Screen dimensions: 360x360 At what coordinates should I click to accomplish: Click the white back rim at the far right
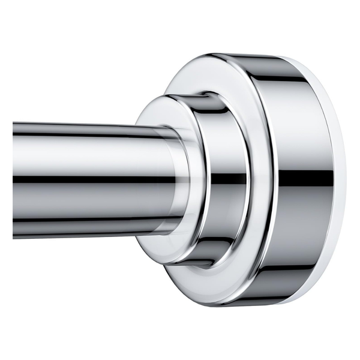tap(340, 180)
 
